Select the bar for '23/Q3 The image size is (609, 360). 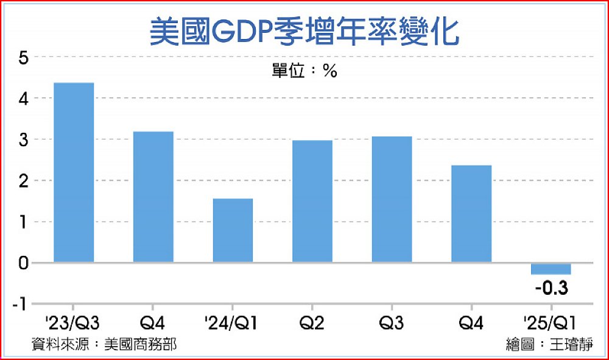click(x=74, y=172)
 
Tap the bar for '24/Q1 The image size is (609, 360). click(x=233, y=230)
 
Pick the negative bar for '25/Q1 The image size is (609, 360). click(x=551, y=269)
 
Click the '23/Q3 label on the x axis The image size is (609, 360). click(x=73, y=321)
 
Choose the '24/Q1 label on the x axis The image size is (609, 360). click(x=233, y=321)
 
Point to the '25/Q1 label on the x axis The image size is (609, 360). click(x=551, y=321)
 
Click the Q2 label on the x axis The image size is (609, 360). click(x=312, y=321)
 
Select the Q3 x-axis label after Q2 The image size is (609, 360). click(x=392, y=321)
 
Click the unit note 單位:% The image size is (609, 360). click(x=304, y=71)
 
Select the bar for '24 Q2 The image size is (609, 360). click(x=312, y=201)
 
